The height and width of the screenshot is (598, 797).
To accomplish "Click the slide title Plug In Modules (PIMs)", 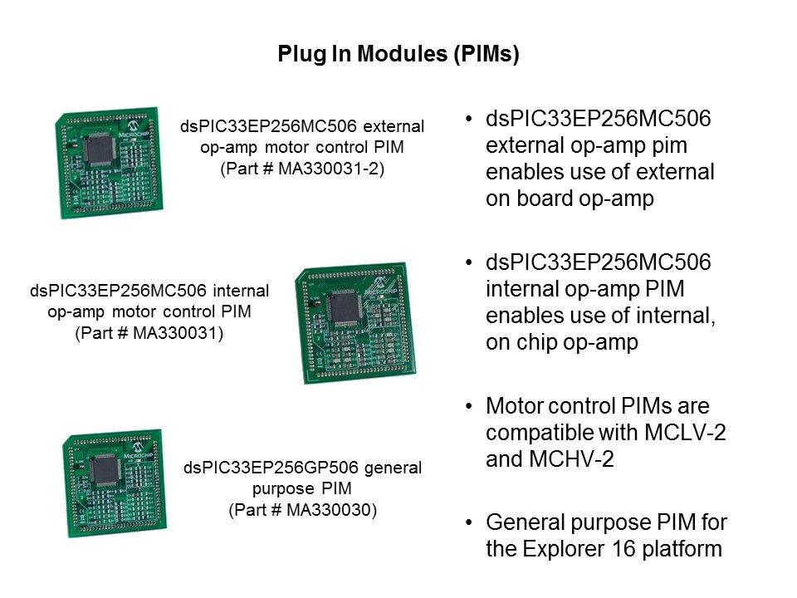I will click(398, 55).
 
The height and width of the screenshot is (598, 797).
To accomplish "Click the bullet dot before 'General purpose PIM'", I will click(471, 522).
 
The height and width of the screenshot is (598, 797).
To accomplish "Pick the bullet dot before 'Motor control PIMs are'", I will click(471, 406).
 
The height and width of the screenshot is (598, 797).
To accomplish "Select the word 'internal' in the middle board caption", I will click(241, 292).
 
